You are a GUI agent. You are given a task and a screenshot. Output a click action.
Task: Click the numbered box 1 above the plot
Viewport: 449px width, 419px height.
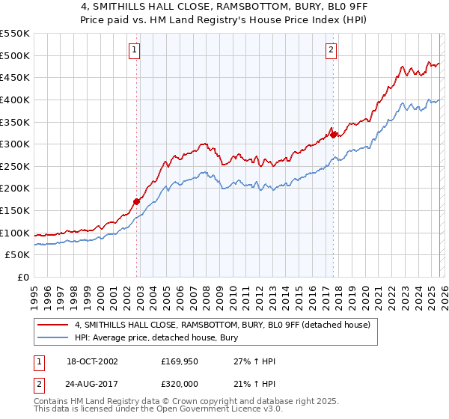[134, 50]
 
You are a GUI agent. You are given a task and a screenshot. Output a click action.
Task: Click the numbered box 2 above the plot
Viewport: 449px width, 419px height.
[331, 50]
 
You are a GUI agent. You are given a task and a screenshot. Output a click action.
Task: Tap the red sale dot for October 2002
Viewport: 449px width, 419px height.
[137, 201]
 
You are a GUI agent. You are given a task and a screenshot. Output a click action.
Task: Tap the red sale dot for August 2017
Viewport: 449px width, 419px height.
[333, 135]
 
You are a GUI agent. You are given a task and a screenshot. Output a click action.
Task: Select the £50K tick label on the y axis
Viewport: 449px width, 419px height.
[18, 255]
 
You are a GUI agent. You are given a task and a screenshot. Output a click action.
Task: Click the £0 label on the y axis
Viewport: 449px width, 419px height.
[24, 278]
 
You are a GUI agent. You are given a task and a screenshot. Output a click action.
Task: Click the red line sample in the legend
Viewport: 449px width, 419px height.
[52, 324]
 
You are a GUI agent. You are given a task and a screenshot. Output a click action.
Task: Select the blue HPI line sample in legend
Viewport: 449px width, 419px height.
[52, 337]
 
